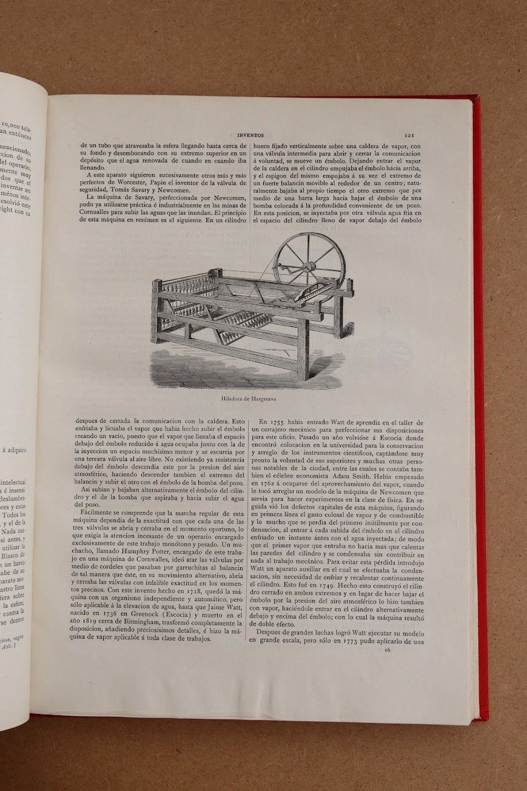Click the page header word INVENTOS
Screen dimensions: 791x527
coord(249,136)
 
